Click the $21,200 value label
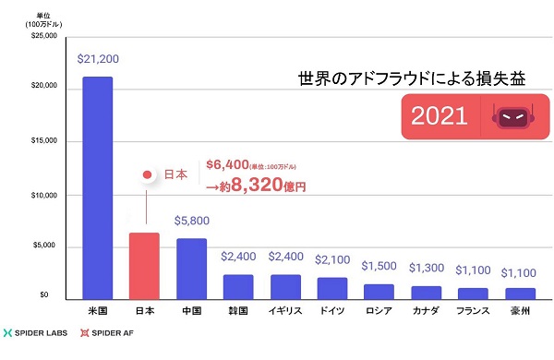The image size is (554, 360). pos(97,57)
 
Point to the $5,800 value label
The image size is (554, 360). pos(191,222)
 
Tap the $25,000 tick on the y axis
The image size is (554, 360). pos(42,36)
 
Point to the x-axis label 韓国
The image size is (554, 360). pos(237,311)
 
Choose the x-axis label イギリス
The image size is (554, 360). pos(284,311)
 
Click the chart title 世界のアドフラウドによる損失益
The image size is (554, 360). pos(411,78)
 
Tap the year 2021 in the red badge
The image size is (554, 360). pos(440,117)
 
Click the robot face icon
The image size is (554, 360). pos(513,117)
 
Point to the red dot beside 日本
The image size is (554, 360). pos(145,174)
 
